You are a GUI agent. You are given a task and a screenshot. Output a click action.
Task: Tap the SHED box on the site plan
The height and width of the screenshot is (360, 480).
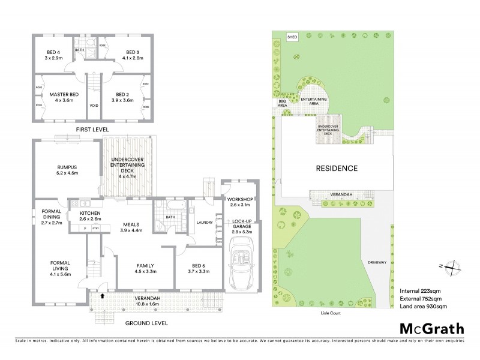[293, 37]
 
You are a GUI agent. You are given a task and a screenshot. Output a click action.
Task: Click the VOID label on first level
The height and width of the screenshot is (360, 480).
[93, 105]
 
